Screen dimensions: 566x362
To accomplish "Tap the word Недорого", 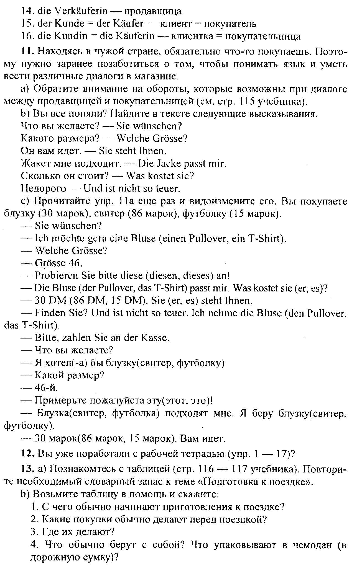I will tap(44, 188).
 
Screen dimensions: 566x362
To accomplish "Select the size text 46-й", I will tap(46, 388).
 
